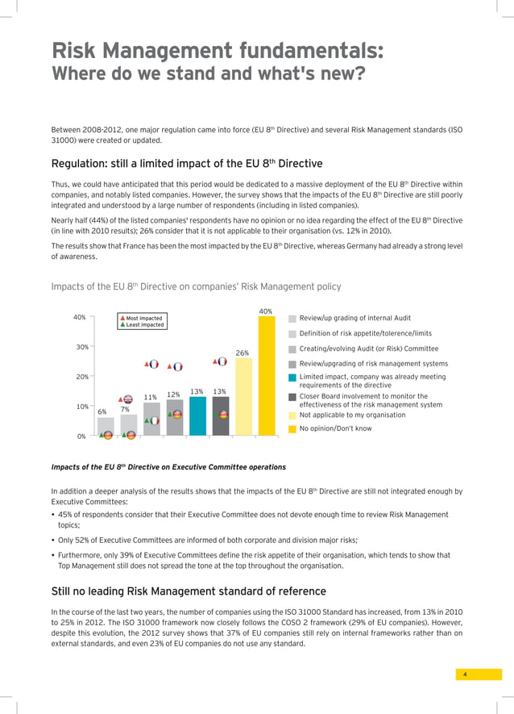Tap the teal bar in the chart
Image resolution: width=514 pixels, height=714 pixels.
click(197, 416)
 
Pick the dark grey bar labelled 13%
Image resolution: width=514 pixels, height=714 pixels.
click(220, 416)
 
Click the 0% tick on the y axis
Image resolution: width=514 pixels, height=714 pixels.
click(81, 436)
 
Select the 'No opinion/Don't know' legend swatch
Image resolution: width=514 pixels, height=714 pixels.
click(292, 428)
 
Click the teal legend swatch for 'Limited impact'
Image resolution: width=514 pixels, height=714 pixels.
click(292, 377)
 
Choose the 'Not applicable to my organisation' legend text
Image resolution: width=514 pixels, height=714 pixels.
click(353, 415)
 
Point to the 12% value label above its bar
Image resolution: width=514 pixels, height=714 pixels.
click(173, 395)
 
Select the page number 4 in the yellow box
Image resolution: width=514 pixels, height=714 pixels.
click(466, 674)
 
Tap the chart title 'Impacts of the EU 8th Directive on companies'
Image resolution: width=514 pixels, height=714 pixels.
click(196, 286)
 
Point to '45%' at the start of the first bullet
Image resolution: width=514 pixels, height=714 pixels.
click(67, 514)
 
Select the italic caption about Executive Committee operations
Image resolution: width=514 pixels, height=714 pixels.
click(168, 467)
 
